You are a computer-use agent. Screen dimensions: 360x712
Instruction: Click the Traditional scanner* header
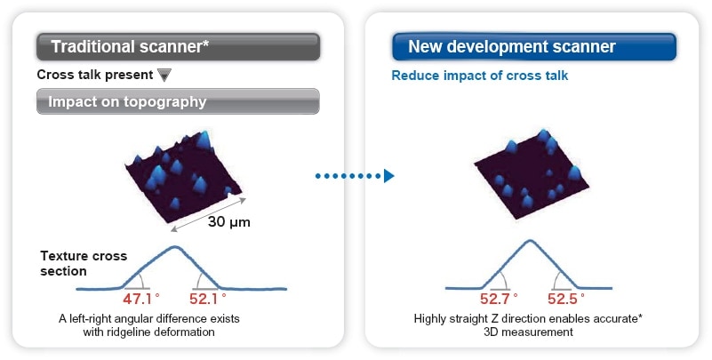[178, 46]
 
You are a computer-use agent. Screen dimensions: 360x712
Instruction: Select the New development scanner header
[533, 46]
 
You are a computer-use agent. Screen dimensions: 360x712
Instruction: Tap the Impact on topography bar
[178, 101]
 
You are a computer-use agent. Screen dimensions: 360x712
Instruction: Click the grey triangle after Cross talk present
[164, 75]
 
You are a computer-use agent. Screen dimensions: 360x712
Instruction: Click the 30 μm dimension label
[228, 222]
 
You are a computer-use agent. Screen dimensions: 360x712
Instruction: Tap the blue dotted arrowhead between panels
[388, 176]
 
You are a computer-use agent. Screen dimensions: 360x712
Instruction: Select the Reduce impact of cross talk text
[480, 76]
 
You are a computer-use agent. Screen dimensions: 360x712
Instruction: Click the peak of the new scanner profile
[532, 241]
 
